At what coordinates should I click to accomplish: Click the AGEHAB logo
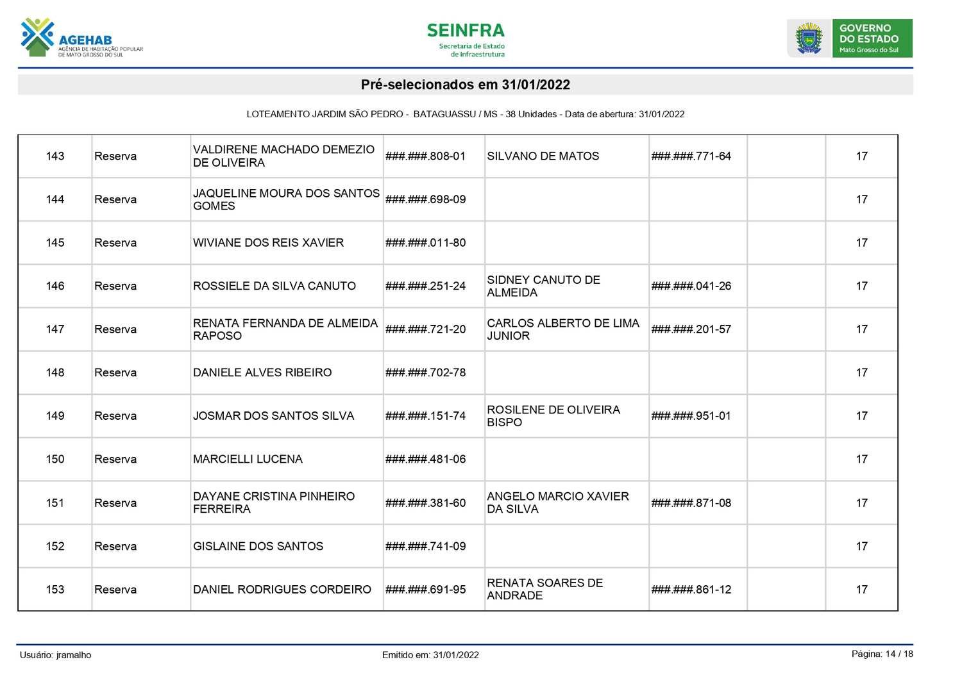[81, 38]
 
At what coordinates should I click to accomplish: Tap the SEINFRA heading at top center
[466, 31]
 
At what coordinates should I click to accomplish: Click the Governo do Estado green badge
[872, 38]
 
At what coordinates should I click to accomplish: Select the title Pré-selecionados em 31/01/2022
[465, 85]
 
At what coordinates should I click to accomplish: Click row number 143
[55, 156]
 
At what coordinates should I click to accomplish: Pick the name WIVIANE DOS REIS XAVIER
[268, 243]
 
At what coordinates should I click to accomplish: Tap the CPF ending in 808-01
[426, 156]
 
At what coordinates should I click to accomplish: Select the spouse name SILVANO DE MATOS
[543, 156]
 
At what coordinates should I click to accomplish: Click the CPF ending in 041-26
[691, 286]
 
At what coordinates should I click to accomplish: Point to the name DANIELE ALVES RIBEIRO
[262, 373]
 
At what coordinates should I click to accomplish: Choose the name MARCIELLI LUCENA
[248, 460]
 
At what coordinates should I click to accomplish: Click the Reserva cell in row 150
[115, 460]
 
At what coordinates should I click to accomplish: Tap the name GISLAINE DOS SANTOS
[258, 547]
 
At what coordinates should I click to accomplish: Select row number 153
[55, 590]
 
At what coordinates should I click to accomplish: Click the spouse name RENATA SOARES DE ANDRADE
[544, 590]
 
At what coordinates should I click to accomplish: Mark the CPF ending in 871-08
[691, 503]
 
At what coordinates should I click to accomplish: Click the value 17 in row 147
[861, 329]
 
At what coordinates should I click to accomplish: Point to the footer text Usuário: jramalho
[56, 655]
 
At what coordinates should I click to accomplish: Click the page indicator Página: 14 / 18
[882, 654]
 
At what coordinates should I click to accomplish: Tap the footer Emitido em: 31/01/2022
[430, 655]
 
